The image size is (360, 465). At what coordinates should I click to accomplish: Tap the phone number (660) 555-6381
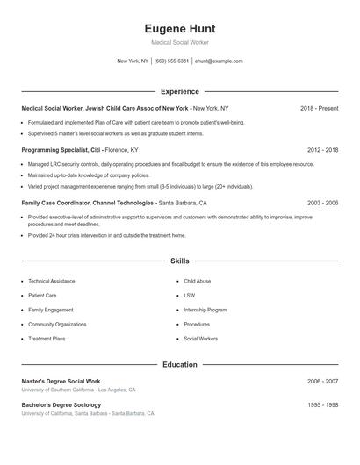(172, 61)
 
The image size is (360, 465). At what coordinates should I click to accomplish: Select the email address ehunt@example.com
(219, 61)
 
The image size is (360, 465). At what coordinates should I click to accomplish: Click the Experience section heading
(180, 91)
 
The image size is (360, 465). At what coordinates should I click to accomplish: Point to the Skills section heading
(180, 261)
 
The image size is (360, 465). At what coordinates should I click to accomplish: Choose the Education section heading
(180, 364)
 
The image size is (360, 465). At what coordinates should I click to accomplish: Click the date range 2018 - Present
(319, 108)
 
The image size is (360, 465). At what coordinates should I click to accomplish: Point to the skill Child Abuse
(197, 281)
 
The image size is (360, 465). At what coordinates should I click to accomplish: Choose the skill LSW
(189, 296)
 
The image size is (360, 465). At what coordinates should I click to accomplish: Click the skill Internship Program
(205, 310)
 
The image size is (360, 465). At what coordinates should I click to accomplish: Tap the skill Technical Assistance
(52, 281)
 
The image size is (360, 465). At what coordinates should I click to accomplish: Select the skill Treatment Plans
(47, 338)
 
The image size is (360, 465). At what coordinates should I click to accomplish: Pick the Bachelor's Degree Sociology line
(64, 404)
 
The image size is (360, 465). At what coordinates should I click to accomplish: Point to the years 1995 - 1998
(323, 404)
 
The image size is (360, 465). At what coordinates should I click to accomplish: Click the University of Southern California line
(79, 390)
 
